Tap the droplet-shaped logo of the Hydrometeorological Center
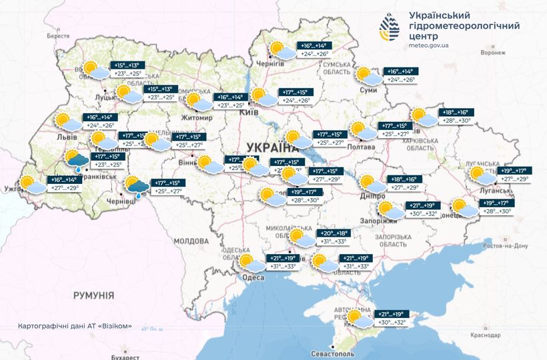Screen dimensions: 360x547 pyautogui.click(x=391, y=27)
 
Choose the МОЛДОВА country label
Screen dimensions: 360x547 pyautogui.click(x=191, y=241)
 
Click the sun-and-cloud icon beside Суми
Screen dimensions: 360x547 pyautogui.click(x=367, y=75)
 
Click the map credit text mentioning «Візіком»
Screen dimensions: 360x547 pyautogui.click(x=75, y=327)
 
